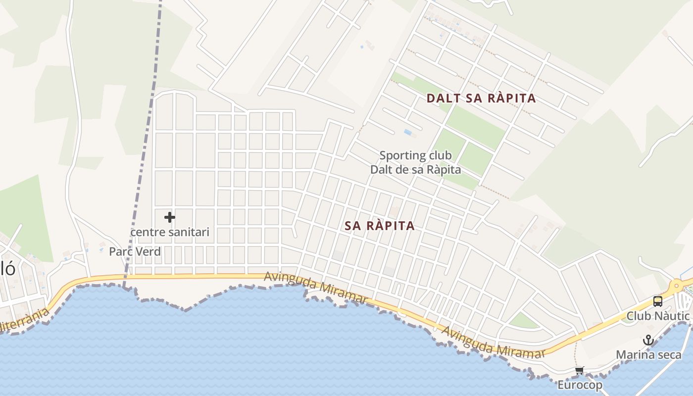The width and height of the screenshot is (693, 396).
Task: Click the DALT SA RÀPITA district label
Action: point(481,98)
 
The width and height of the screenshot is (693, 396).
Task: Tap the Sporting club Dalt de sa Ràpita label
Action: point(416,162)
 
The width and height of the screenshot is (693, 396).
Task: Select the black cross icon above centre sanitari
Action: point(170,217)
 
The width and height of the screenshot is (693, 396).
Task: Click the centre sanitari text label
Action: point(170,232)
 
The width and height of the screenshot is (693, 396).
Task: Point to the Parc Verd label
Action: point(135,251)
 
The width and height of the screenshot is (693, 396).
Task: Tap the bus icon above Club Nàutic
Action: point(657,301)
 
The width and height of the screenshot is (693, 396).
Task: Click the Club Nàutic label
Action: point(658,316)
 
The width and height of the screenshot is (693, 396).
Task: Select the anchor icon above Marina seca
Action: point(648,341)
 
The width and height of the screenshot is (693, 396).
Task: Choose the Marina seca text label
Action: point(648,355)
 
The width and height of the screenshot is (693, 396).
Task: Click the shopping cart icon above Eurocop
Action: point(580,370)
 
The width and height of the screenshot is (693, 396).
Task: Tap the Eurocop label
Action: point(580,385)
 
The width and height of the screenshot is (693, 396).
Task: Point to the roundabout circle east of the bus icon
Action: point(676,286)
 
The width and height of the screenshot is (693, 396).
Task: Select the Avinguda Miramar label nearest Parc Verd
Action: point(315,287)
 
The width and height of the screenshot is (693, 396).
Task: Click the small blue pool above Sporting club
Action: point(408,132)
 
